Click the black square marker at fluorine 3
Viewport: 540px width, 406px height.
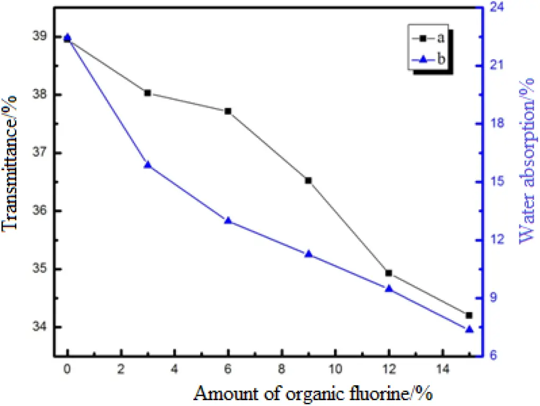coord(148,93)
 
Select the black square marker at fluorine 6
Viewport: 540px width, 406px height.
coord(228,111)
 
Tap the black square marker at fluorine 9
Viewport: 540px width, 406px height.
coord(308,181)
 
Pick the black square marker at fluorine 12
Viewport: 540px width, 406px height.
coord(389,273)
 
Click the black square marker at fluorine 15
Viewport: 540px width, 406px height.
coord(469,315)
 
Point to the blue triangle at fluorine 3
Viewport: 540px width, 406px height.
coord(148,165)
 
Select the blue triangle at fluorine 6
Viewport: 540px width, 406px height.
coord(228,220)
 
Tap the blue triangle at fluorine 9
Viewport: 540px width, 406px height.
coord(308,254)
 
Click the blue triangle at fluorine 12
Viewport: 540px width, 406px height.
coord(389,288)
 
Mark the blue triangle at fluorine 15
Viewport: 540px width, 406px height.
coord(469,329)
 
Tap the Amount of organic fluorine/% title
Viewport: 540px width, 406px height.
coord(313,393)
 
